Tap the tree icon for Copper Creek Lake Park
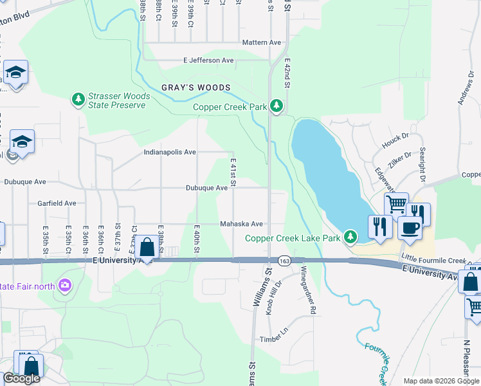tap(350, 237)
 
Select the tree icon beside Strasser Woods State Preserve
tap(78, 99)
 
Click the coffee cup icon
tap(410, 227)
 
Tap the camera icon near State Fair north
tap(64, 284)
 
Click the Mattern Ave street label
tap(262, 42)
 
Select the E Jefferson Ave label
tap(208, 60)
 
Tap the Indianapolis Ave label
tap(170, 152)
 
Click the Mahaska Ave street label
tap(242, 224)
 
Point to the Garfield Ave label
tap(57, 203)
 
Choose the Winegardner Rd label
tap(307, 291)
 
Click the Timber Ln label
tap(272, 339)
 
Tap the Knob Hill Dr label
tap(274, 297)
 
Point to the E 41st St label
tap(232, 173)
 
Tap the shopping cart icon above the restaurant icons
tap(396, 205)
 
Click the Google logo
tap(21, 378)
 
